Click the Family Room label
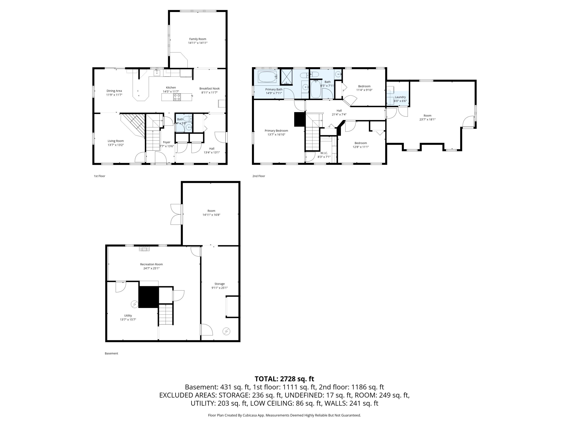pyautogui.click(x=198, y=39)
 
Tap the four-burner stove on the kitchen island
pyautogui.click(x=177, y=97)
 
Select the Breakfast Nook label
pyautogui.click(x=209, y=89)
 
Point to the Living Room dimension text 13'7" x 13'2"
pyautogui.click(x=116, y=145)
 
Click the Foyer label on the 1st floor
pyautogui.click(x=166, y=142)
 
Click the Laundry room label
pyautogui.click(x=400, y=97)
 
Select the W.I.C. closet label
pyautogui.click(x=324, y=153)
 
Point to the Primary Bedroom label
pyautogui.click(x=276, y=131)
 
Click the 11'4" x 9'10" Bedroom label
pyautogui.click(x=364, y=86)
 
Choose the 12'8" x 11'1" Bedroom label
pyautogui.click(x=361, y=143)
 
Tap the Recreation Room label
pyautogui.click(x=151, y=264)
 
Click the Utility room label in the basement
pyautogui.click(x=128, y=316)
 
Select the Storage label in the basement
pyautogui.click(x=219, y=284)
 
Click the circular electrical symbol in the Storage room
pyautogui.click(x=226, y=331)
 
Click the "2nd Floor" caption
pyautogui.click(x=259, y=176)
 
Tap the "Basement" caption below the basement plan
pyautogui.click(x=111, y=353)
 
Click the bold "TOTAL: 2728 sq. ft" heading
pyautogui.click(x=284, y=379)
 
